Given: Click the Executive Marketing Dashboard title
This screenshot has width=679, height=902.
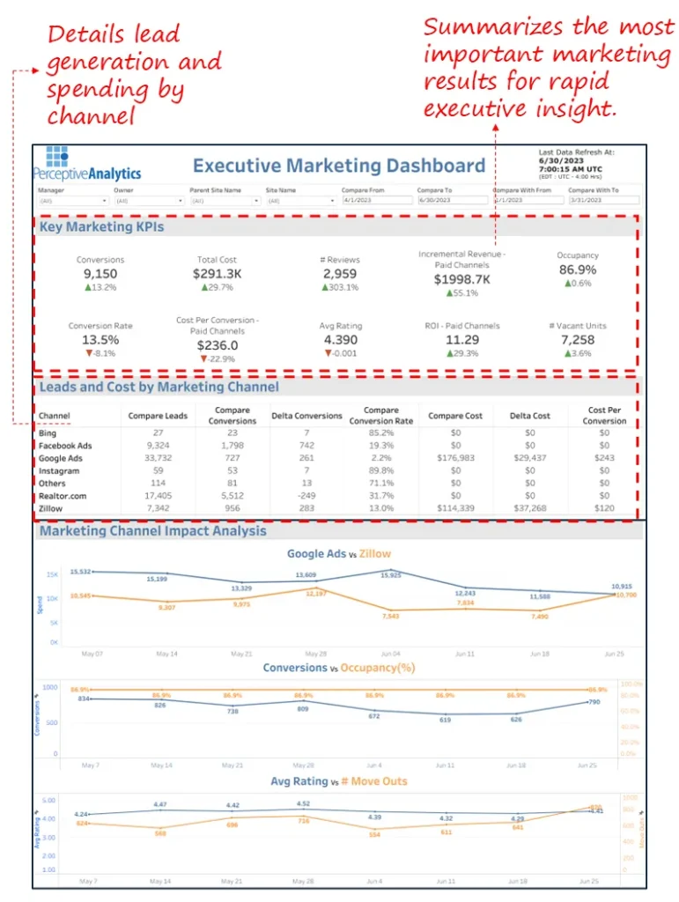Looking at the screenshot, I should click(339, 166).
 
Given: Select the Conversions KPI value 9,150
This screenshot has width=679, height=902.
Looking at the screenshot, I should click(100, 273).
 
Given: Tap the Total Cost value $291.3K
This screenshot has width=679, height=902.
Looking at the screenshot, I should click(218, 273).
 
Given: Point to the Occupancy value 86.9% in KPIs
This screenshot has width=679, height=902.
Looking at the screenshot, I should click(577, 270).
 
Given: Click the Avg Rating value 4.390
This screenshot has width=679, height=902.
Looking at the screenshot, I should click(339, 339).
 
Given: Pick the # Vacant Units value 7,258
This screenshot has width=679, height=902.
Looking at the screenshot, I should click(577, 339).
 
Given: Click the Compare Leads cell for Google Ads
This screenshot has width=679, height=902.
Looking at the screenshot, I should click(158, 458).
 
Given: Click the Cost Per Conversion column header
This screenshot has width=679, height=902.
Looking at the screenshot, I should click(604, 416).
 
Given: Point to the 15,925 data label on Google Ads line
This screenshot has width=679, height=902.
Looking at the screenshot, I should click(390, 575).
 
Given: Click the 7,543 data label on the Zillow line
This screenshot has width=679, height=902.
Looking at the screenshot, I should click(390, 615).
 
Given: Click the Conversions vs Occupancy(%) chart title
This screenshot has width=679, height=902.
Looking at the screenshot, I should click(339, 668).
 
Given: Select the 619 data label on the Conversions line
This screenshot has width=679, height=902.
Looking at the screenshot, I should click(445, 720).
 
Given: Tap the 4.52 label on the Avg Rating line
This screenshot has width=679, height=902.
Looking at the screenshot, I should click(303, 803).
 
